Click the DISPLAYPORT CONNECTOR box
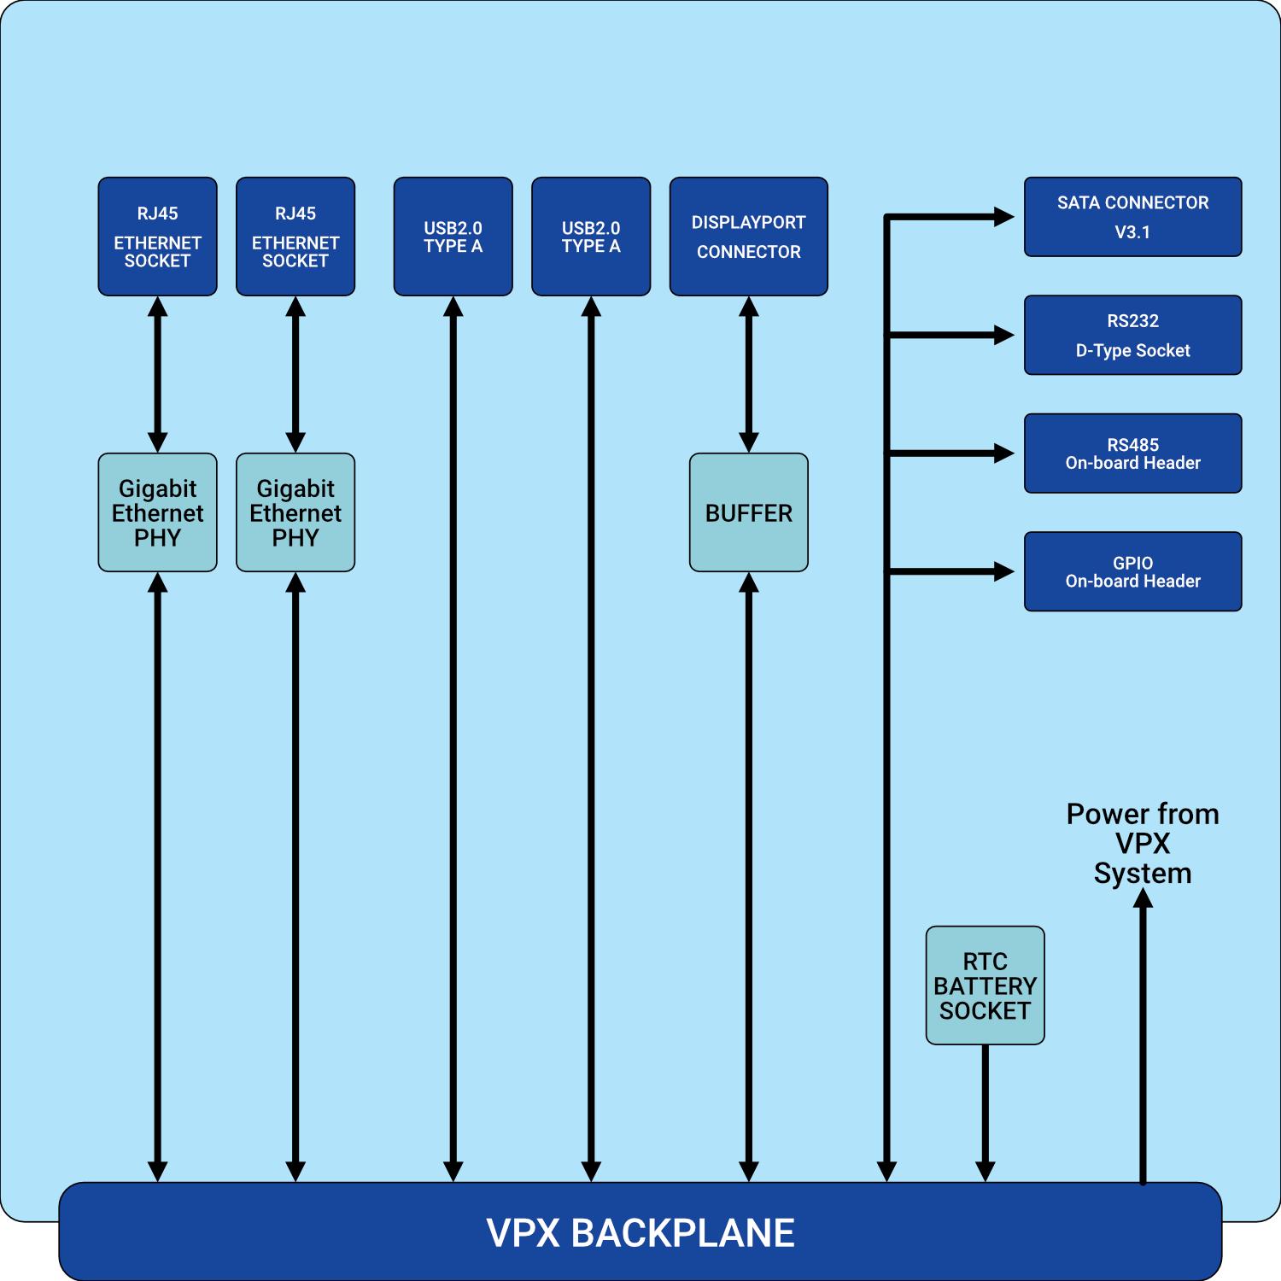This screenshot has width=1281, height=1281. [x=748, y=237]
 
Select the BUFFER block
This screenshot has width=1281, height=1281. [x=748, y=512]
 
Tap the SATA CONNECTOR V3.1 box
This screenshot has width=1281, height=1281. [x=1132, y=217]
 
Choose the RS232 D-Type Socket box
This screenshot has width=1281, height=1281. [x=1132, y=335]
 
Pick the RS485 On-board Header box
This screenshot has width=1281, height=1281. [x=1132, y=453]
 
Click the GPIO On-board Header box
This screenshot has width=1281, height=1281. [x=1132, y=571]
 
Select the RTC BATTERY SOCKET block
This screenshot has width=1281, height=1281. [x=985, y=986]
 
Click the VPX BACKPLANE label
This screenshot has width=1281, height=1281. [x=640, y=1232]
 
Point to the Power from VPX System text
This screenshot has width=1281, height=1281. [x=1143, y=844]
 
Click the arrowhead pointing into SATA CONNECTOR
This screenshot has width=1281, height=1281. [x=1004, y=217]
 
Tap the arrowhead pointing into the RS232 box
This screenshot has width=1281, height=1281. [x=1004, y=335]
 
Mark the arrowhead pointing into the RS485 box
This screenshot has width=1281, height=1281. [x=1004, y=453]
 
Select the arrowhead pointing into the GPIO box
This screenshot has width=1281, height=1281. [x=1004, y=571]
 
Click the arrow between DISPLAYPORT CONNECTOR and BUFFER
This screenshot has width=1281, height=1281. [x=749, y=374]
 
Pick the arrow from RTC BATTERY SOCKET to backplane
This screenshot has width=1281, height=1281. [x=985, y=1110]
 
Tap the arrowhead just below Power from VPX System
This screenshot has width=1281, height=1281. [x=1143, y=898]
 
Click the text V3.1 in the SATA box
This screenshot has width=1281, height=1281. [x=1132, y=232]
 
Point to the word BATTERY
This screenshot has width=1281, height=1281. [x=985, y=986]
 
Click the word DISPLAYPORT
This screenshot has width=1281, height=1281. [x=748, y=223]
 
